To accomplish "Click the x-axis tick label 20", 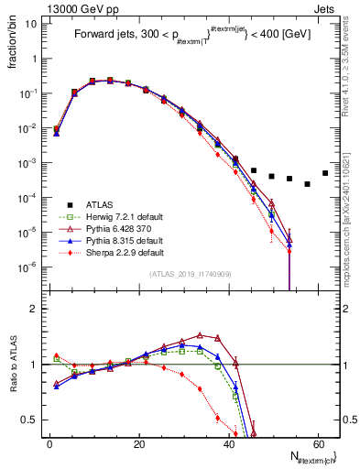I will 139,444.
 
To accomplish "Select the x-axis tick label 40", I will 228,444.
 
